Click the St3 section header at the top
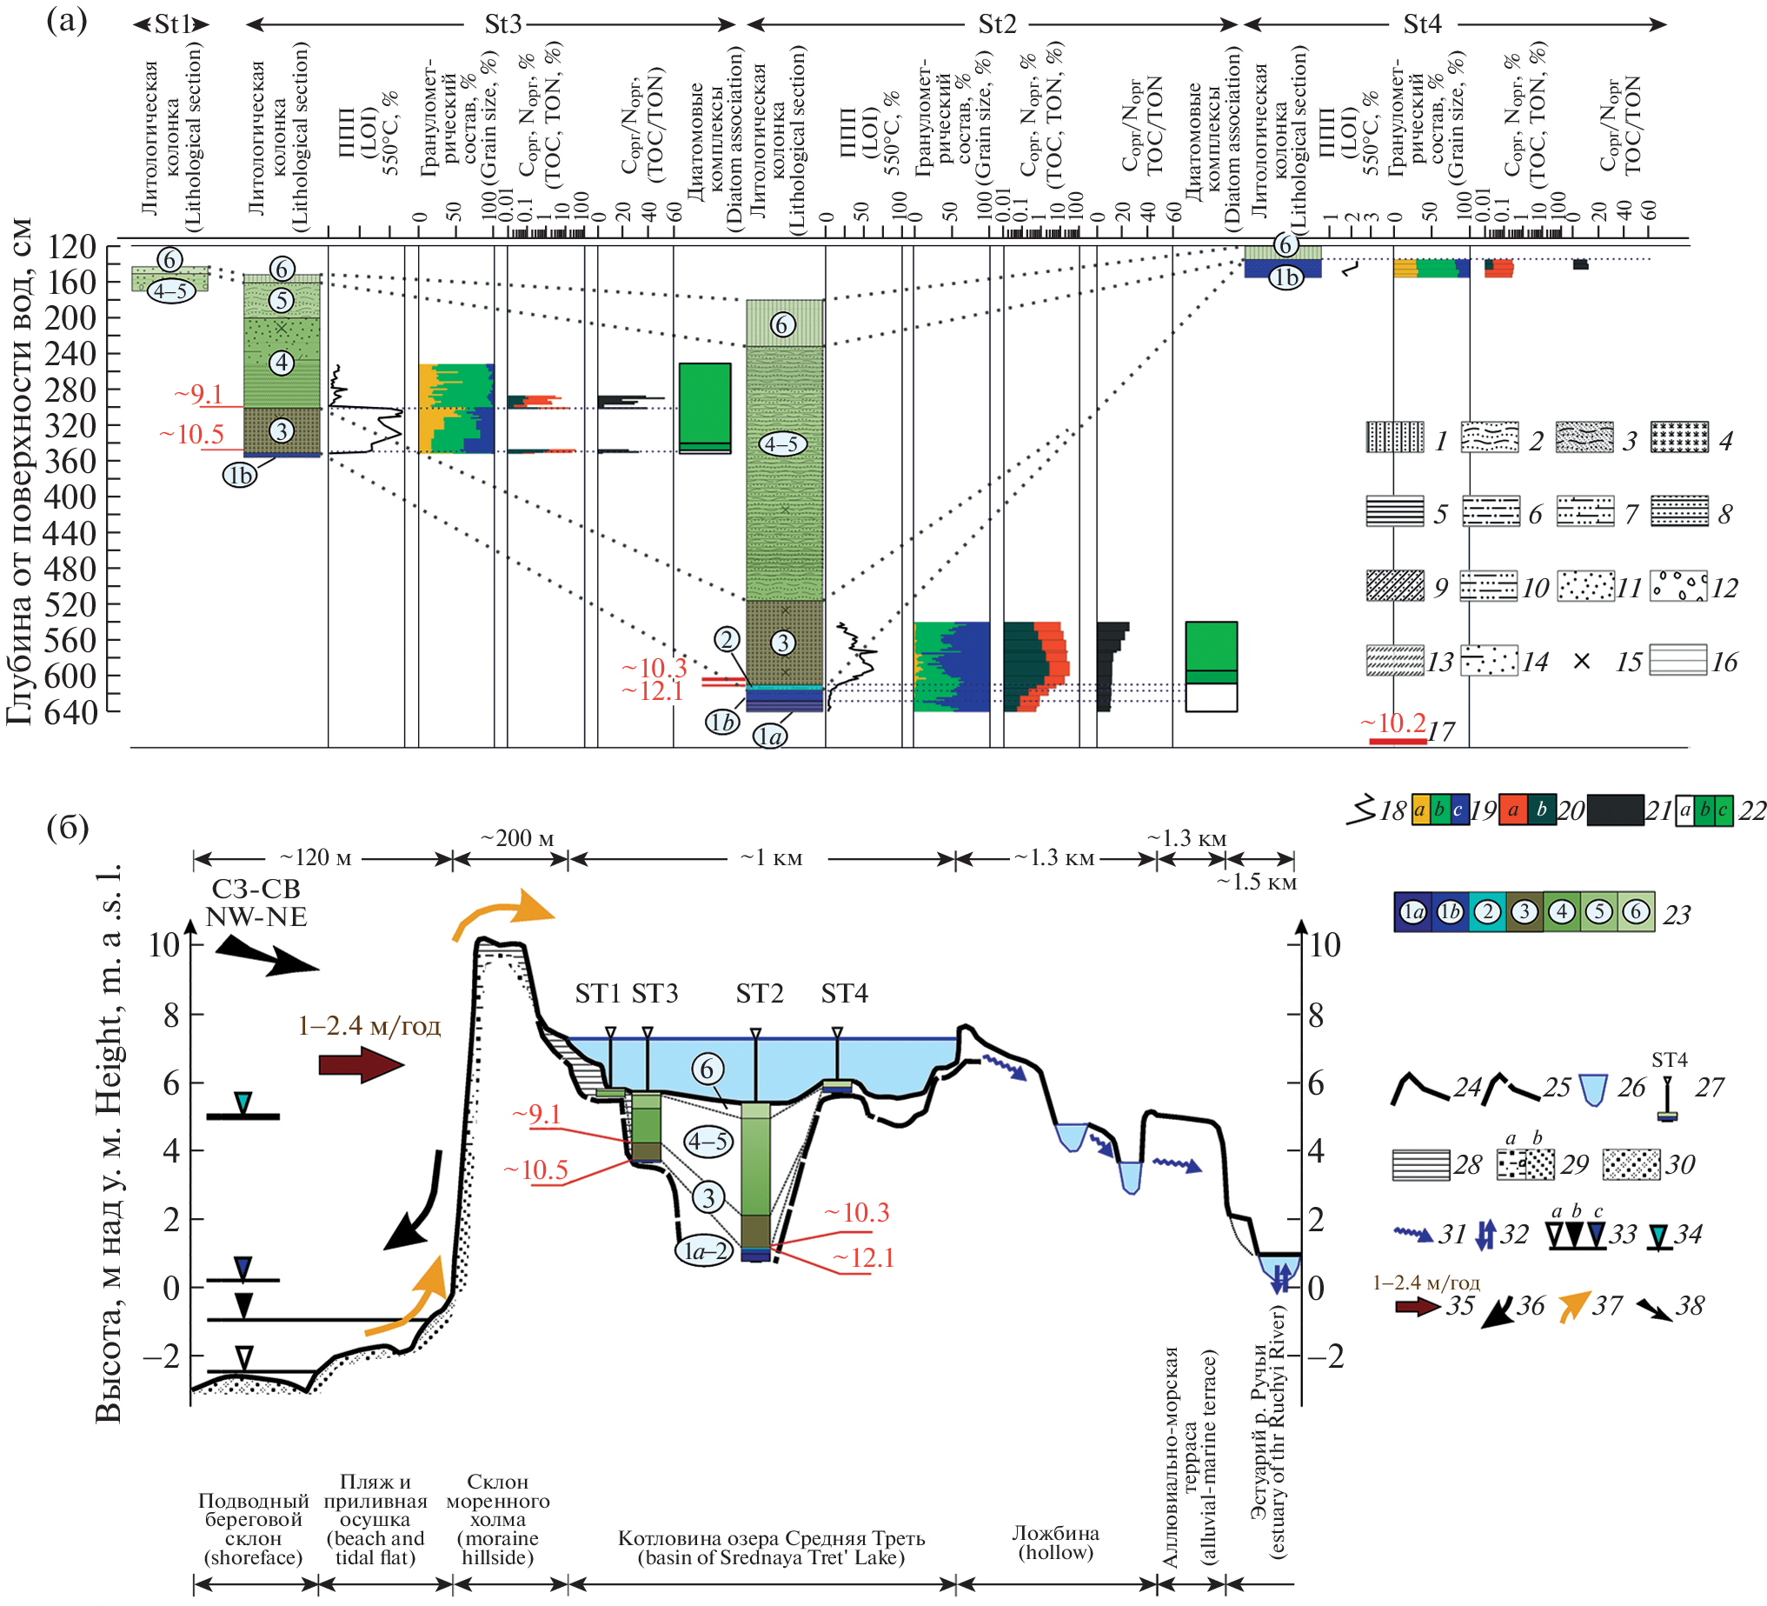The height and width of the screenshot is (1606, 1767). [502, 23]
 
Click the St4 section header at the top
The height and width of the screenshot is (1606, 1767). [1421, 23]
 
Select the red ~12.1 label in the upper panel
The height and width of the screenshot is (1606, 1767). [652, 690]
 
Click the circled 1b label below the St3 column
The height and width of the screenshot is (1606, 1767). [239, 474]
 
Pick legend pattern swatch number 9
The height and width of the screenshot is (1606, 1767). [1394, 585]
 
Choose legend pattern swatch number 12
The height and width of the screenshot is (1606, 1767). [1678, 585]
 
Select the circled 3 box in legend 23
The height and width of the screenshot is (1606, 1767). [1525, 913]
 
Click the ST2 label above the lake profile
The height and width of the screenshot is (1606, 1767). [759, 993]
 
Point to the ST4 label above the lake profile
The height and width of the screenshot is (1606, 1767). [844, 993]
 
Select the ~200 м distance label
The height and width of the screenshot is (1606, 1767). [517, 838]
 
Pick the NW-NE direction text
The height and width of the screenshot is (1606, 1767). [256, 917]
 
